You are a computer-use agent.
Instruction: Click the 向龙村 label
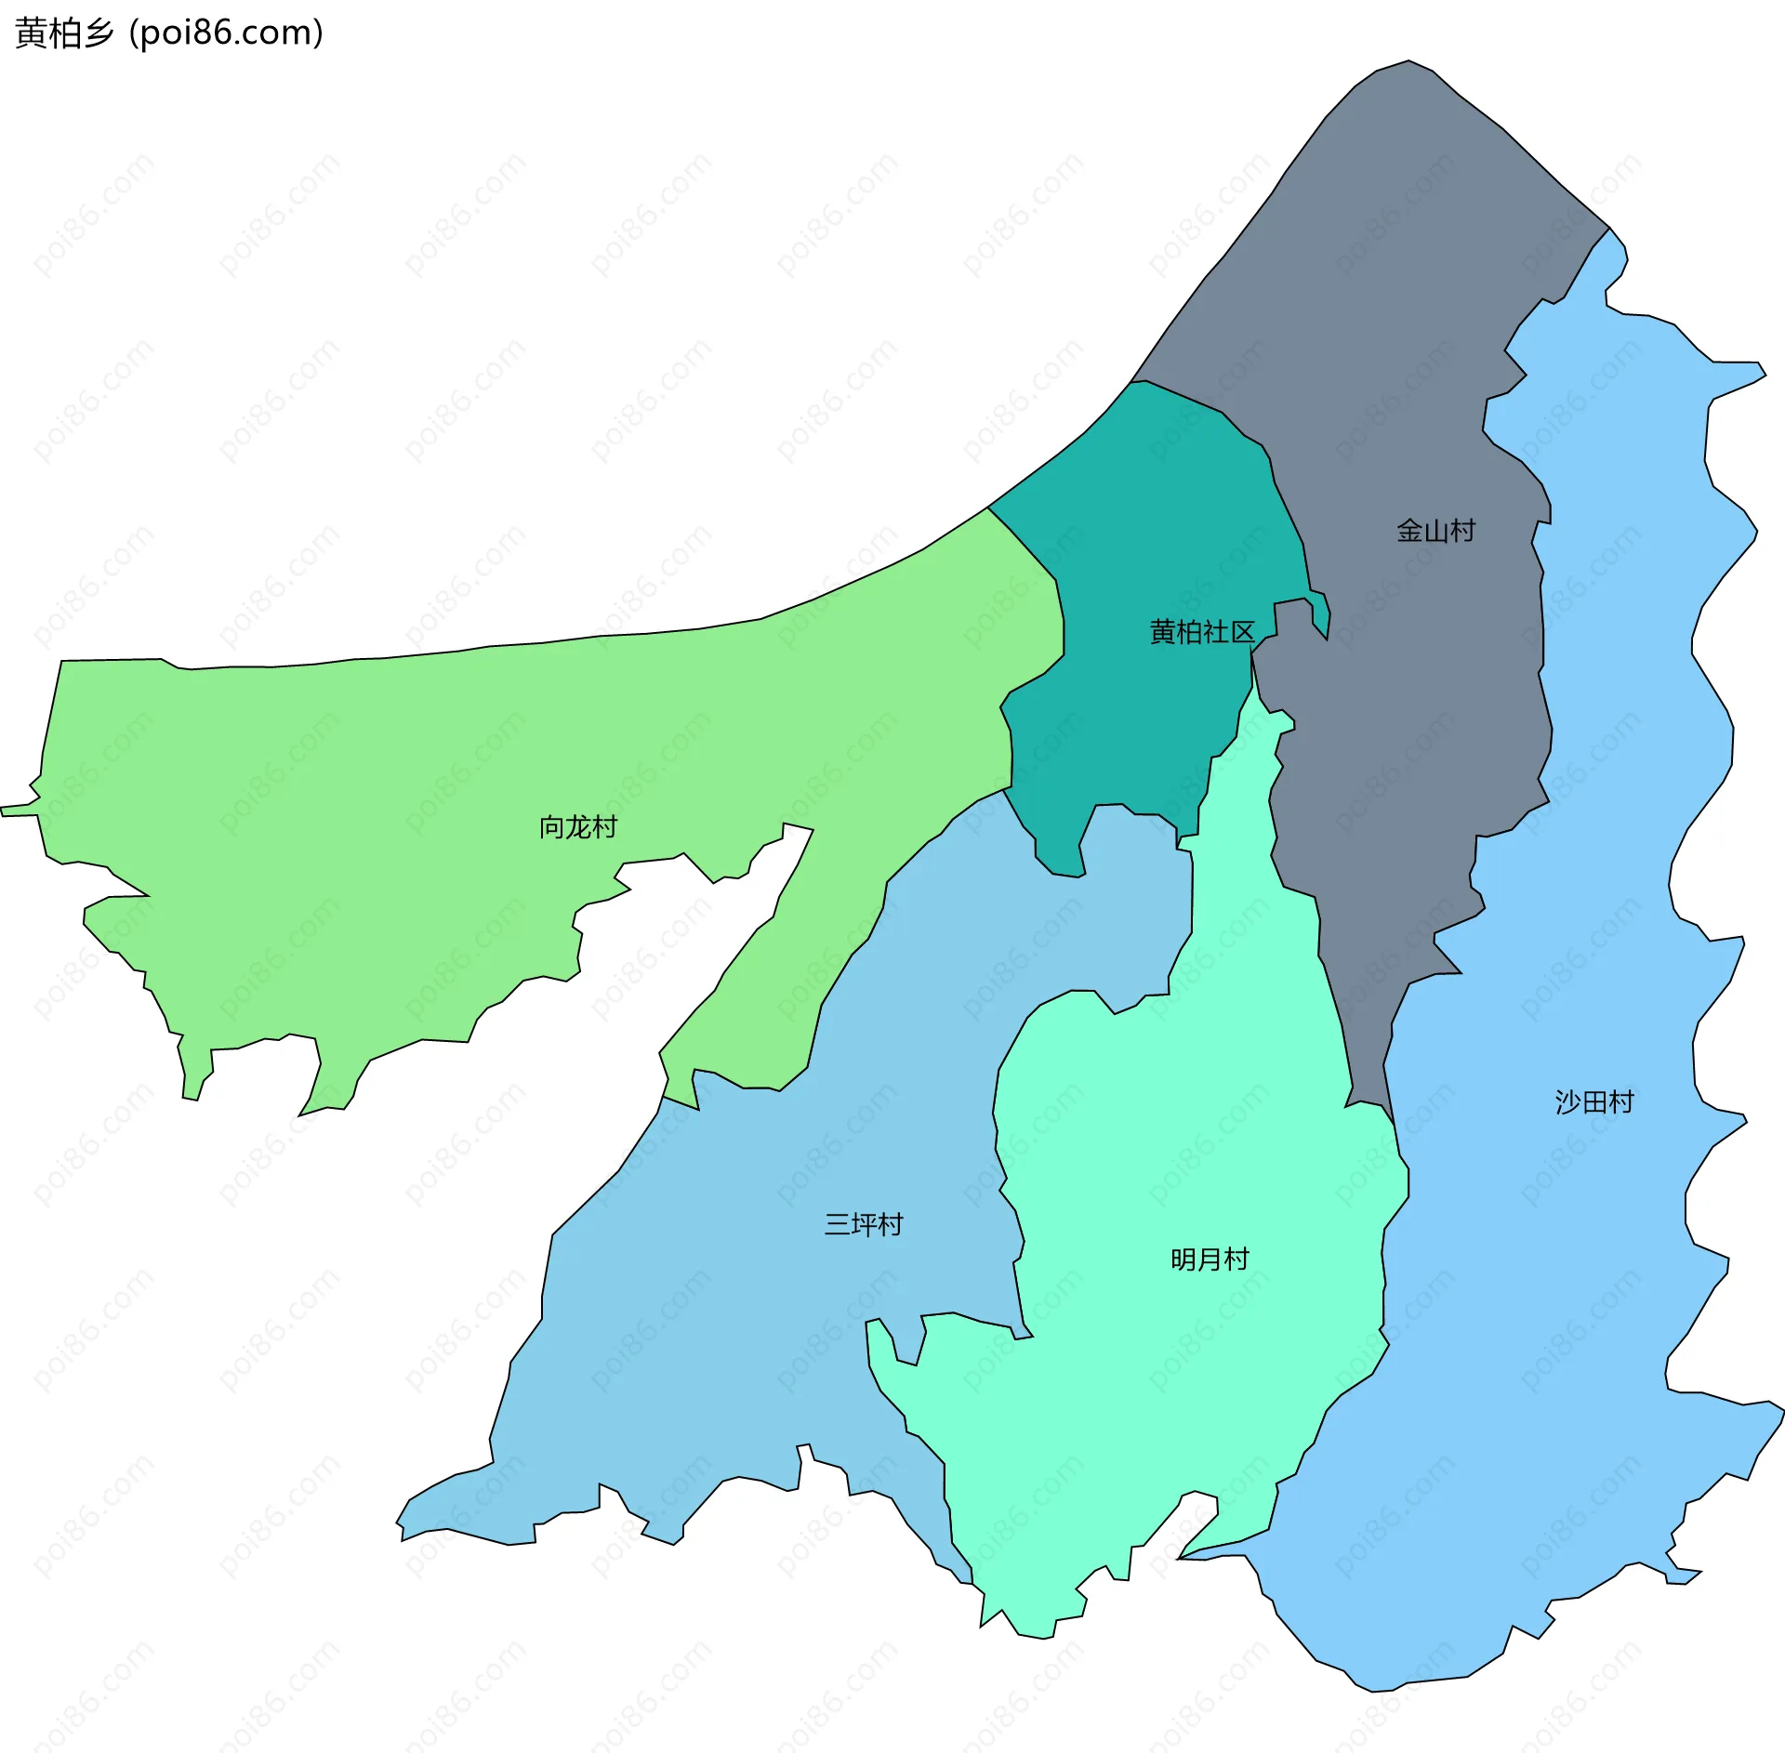577,826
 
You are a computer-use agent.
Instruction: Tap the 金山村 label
1435,531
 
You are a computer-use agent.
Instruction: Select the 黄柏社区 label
1201,632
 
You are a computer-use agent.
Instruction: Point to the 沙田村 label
1593,1102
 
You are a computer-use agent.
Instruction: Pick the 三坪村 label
863,1224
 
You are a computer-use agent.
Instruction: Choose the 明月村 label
1210,1259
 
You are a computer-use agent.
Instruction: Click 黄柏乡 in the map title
64,33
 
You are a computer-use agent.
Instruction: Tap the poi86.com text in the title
226,33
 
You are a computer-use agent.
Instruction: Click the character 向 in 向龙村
551,826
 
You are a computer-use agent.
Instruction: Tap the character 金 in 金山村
1409,531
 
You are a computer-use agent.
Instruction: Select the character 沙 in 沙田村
1567,1102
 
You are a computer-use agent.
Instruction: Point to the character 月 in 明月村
1210,1259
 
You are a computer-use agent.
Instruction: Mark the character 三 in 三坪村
837,1224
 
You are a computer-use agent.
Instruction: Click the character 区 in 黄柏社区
1242,632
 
